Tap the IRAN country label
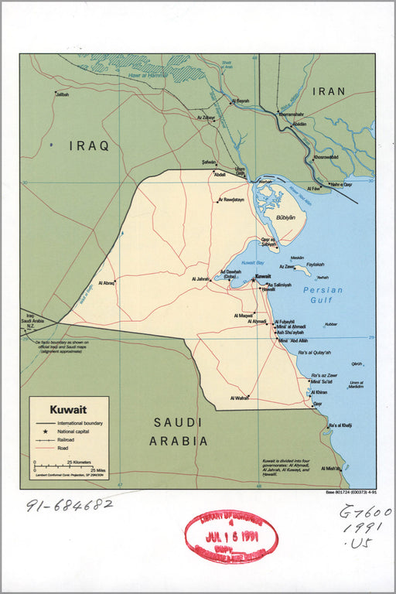[x=329, y=91]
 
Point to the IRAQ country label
[x=89, y=145]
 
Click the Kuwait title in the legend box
[x=68, y=409]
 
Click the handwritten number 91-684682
[x=70, y=505]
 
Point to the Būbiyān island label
[x=285, y=218]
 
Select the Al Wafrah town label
[x=239, y=398]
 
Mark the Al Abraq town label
[x=104, y=283]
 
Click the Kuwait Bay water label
[x=253, y=264]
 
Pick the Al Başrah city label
[x=241, y=101]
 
